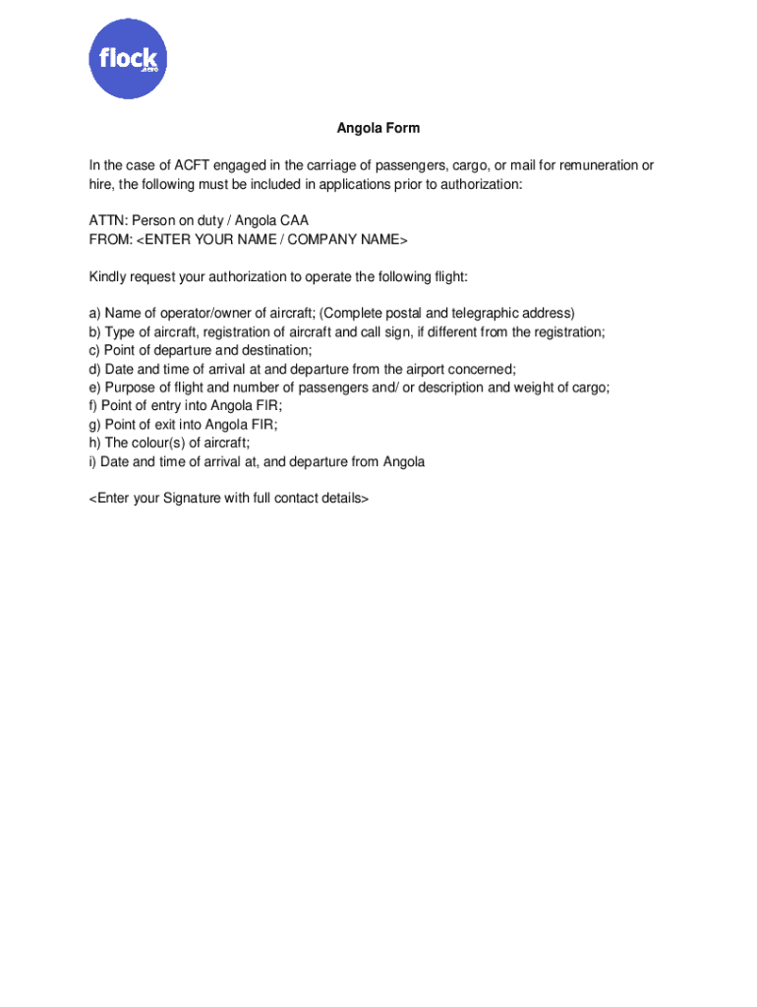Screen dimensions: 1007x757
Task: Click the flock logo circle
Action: click(129, 59)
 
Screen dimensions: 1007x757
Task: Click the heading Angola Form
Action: click(378, 129)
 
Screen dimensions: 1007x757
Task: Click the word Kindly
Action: click(108, 277)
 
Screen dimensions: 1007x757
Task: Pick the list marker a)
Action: click(95, 314)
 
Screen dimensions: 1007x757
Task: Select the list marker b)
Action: click(95, 332)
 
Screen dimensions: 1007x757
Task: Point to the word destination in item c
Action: click(276, 351)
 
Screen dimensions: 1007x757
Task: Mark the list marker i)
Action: click(93, 462)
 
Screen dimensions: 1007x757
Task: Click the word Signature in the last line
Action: click(192, 499)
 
